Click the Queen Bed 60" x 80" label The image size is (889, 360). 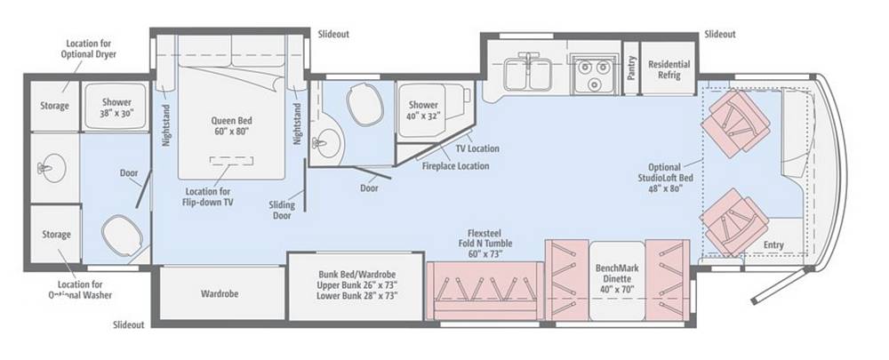coord(231,125)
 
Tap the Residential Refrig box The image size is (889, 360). coord(669,69)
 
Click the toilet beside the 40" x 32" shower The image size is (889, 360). coord(362,104)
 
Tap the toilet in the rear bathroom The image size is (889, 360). coord(121,234)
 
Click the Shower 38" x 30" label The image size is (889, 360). coord(116,108)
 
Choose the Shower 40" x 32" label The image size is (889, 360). coord(423,110)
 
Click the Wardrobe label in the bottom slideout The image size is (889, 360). coord(220,293)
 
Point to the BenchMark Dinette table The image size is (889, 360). coord(617,280)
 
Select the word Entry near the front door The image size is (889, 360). coord(773,245)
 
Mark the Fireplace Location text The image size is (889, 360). coord(455,166)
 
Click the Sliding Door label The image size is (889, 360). coord(282,211)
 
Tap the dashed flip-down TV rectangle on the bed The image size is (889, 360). coord(231,160)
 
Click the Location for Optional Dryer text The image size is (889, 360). coord(88,49)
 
